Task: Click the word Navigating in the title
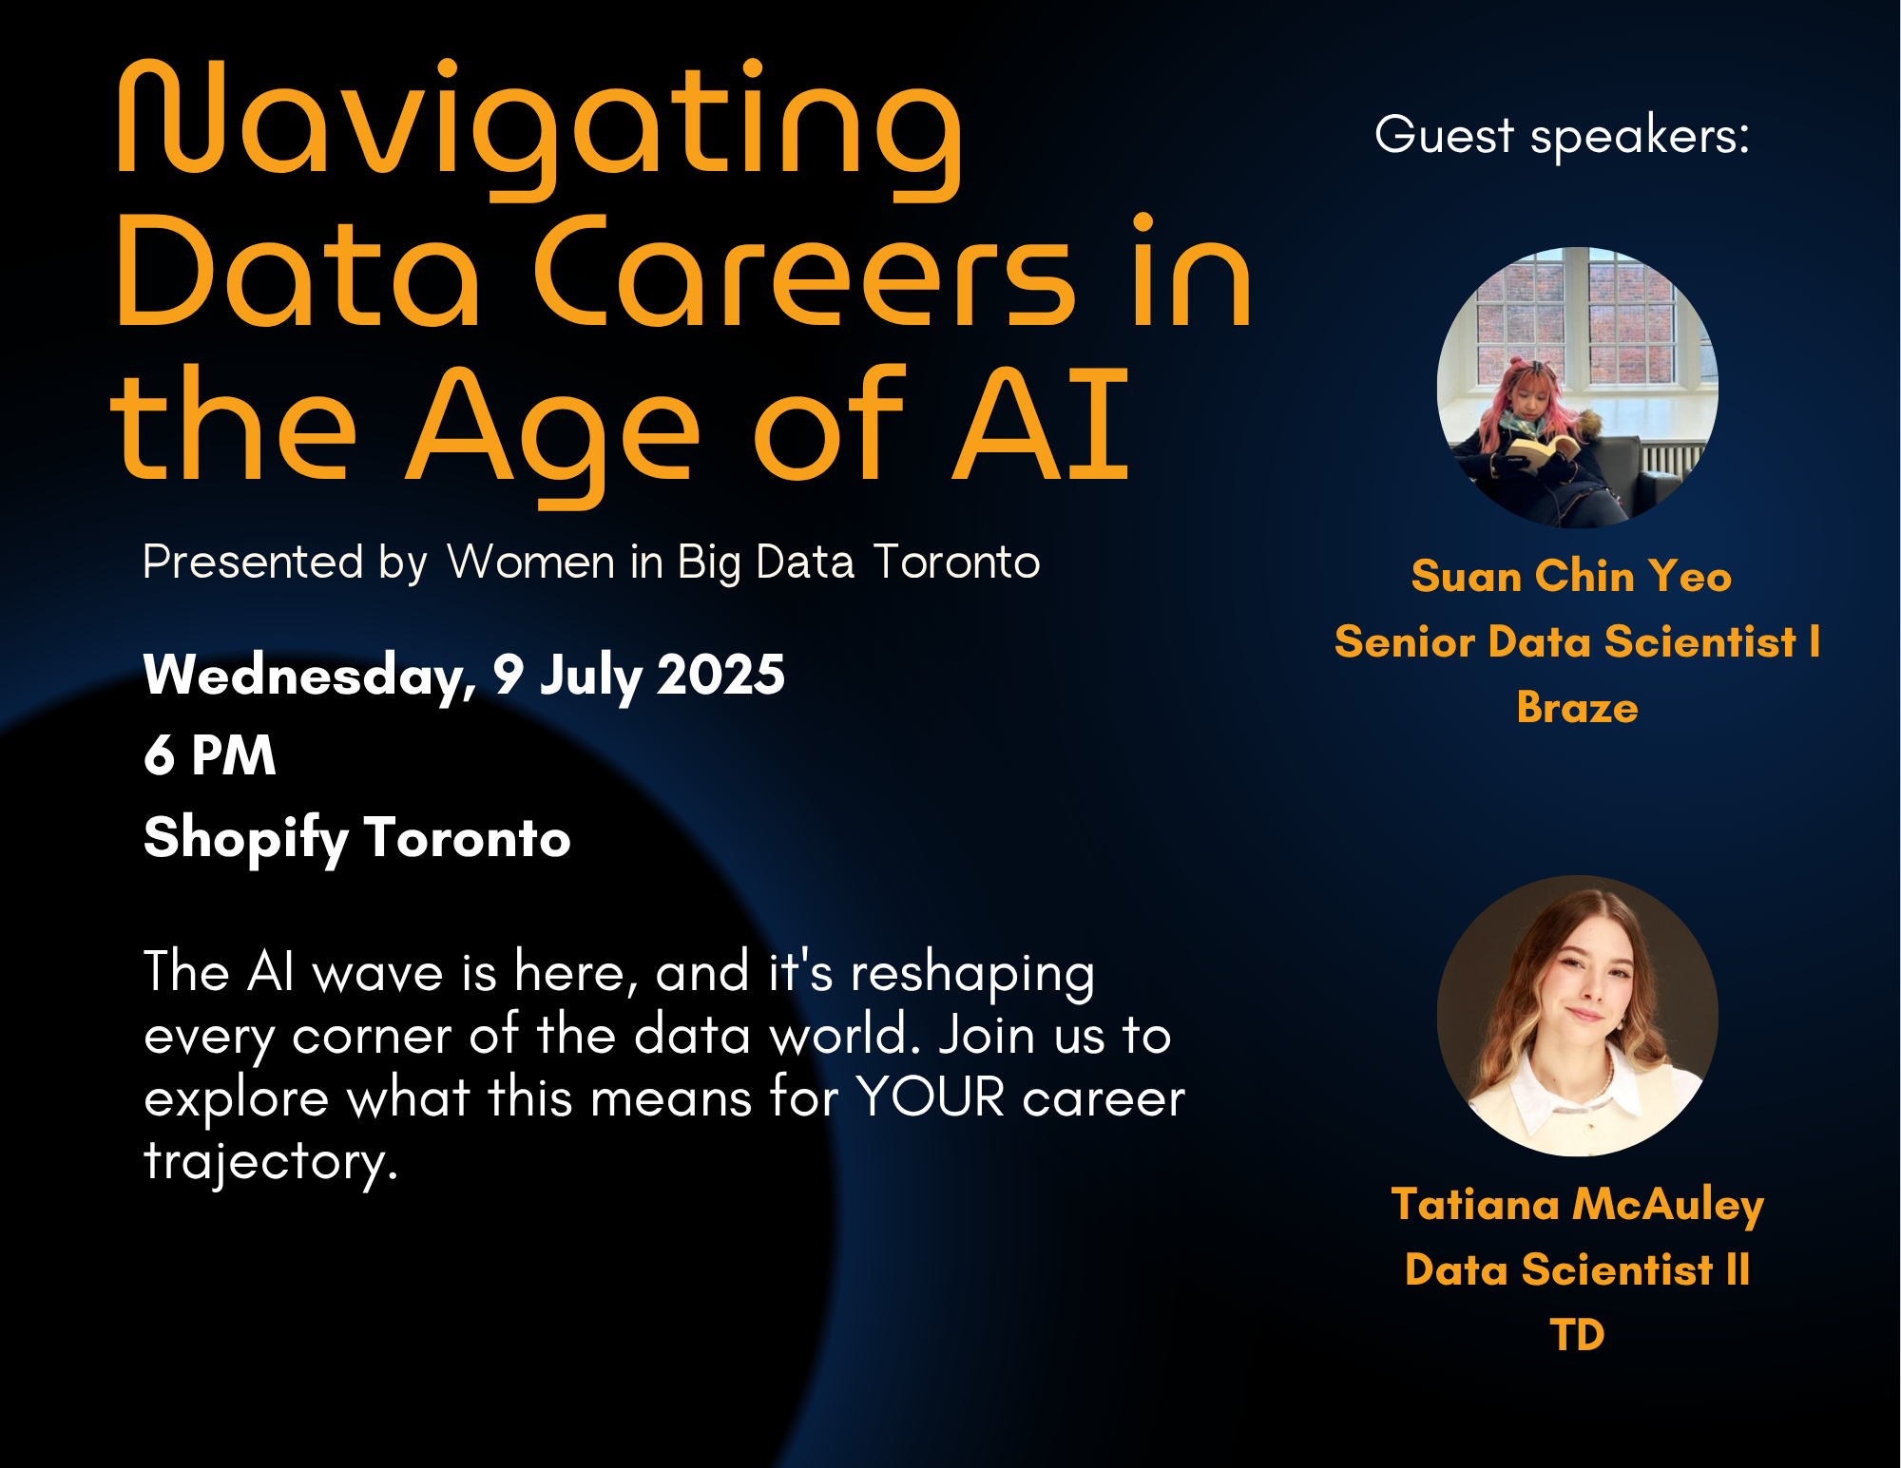pyautogui.click(x=540, y=128)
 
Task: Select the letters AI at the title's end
pyautogui.click(x=1041, y=424)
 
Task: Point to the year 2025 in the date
pyautogui.click(x=720, y=675)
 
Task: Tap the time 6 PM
pyautogui.click(x=210, y=755)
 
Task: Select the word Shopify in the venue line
pyautogui.click(x=245, y=838)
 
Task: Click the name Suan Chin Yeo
pyautogui.click(x=1571, y=576)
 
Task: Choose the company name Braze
pyautogui.click(x=1577, y=708)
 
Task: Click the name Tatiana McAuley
pyautogui.click(x=1577, y=1205)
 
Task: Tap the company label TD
pyautogui.click(x=1577, y=1335)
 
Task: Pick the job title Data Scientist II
pyautogui.click(x=1577, y=1269)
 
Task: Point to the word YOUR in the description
pyautogui.click(x=931, y=1097)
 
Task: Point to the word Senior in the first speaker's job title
pyautogui.click(x=1406, y=642)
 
